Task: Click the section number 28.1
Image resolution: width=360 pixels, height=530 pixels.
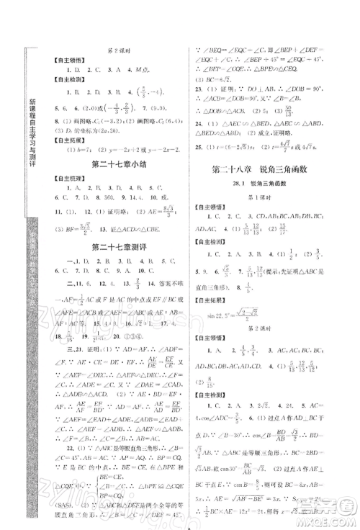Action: click(248, 184)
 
